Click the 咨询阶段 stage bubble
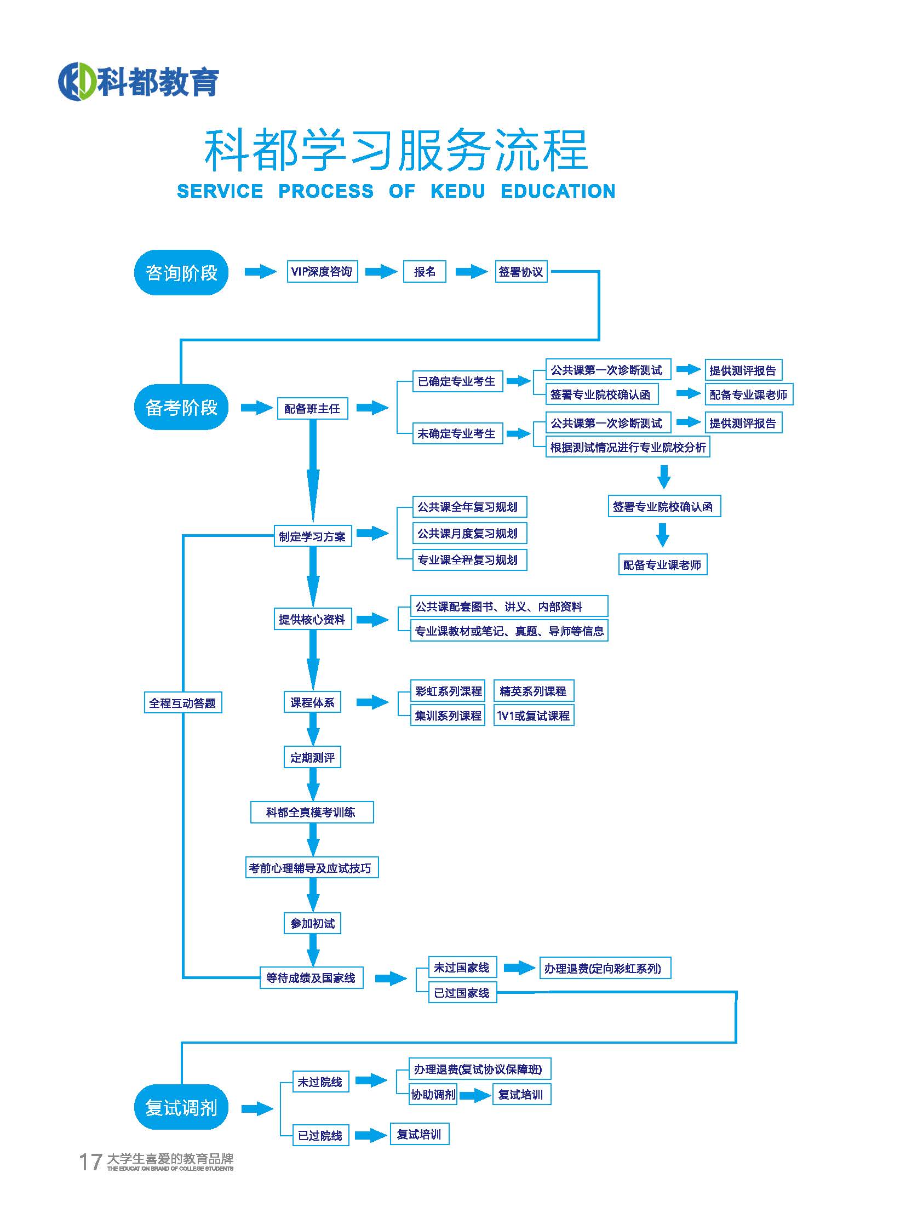point(181,273)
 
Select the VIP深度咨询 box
point(322,272)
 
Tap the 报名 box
point(425,272)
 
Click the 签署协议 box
point(520,272)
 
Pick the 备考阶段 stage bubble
point(181,407)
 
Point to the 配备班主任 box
point(312,408)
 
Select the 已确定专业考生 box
point(457,381)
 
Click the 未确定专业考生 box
point(457,433)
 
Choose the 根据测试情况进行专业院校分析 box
point(627,447)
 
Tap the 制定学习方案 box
point(312,536)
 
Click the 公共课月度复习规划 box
point(469,533)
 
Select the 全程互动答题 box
point(182,703)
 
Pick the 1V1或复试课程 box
point(533,716)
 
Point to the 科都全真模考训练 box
point(312,812)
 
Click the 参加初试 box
point(312,923)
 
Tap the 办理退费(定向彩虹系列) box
point(604,968)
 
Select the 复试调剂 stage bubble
point(181,1107)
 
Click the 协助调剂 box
point(433,1095)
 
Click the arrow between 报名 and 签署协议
point(471,272)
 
